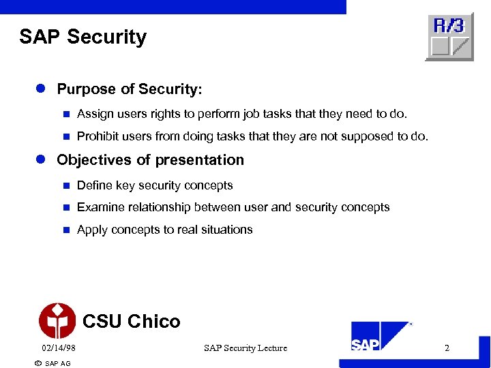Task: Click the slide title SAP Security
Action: (83, 37)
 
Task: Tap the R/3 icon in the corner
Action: (449, 37)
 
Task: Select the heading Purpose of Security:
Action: (130, 89)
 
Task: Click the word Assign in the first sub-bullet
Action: (95, 114)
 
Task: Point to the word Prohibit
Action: (98, 136)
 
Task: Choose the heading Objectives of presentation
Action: (150, 160)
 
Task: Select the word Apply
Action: (92, 230)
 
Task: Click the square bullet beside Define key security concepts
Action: (66, 185)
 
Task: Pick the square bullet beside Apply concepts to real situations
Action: (66, 230)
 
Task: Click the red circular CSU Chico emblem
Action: (57, 321)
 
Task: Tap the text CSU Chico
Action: (131, 322)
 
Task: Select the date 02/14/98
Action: (59, 348)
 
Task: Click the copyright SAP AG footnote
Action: (53, 363)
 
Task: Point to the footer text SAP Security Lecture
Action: (245, 348)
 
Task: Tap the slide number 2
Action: (447, 348)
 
